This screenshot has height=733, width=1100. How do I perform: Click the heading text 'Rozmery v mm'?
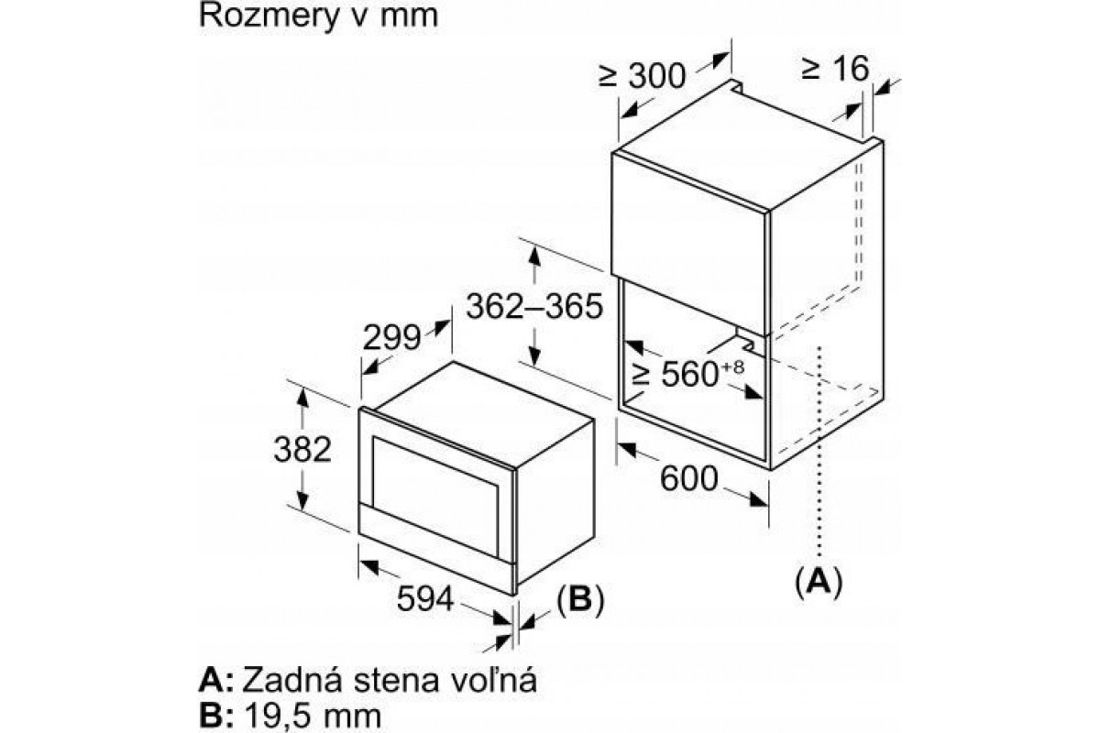point(318,16)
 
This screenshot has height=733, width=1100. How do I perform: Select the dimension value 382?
point(302,449)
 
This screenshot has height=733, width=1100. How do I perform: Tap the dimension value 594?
point(425,598)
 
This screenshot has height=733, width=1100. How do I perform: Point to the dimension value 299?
point(391,337)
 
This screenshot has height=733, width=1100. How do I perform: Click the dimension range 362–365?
point(534,306)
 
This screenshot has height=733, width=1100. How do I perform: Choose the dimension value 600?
point(689,478)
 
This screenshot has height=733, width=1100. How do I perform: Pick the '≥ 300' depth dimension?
point(643,76)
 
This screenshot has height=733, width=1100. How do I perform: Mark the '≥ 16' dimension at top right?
point(835,68)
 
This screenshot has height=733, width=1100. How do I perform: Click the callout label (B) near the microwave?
point(580,599)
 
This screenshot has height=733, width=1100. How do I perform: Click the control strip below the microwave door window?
point(437,549)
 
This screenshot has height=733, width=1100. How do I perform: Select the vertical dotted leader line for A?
point(819,452)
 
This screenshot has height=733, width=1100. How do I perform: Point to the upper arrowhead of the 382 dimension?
point(302,397)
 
